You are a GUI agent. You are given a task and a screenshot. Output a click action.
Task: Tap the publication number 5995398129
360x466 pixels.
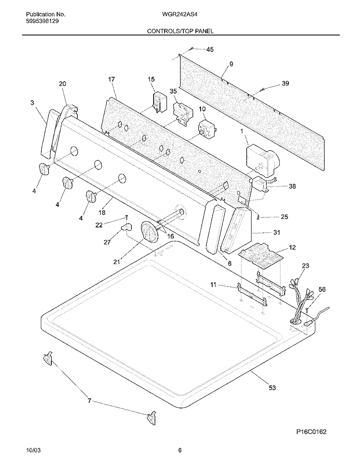[x=42, y=21]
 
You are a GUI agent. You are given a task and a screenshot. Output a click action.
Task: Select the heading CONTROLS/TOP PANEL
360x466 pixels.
[x=180, y=31]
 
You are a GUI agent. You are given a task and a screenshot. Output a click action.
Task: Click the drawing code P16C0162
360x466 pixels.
[x=311, y=431]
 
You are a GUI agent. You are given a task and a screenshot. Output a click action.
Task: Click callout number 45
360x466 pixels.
[x=210, y=49]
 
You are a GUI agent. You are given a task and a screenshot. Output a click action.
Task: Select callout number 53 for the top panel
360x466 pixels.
[x=272, y=388]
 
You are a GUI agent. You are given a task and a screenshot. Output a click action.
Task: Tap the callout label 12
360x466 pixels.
[x=292, y=247]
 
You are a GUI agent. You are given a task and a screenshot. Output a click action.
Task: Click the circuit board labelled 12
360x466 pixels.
[x=261, y=256]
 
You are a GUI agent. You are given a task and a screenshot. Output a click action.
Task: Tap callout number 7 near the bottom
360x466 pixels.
[x=89, y=401]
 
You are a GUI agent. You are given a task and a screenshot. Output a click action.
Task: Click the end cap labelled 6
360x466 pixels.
[x=216, y=229]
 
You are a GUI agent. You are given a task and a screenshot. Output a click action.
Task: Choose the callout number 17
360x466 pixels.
[x=111, y=79]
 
